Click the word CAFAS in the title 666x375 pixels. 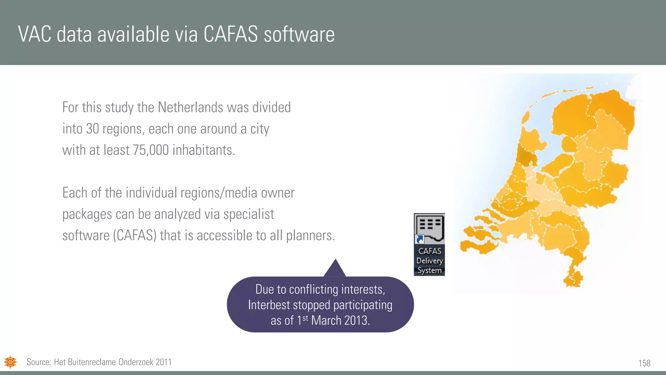tap(231, 34)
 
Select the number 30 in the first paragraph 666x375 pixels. tap(92, 129)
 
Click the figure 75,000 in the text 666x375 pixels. tap(151, 150)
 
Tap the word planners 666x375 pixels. tap(310, 235)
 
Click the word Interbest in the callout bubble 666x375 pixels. tap(269, 305)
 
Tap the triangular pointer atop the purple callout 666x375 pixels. tap(335, 269)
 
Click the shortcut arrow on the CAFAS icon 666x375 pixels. tap(420, 240)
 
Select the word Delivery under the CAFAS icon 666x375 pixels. tap(430, 261)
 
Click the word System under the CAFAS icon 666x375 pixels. tap(430, 271)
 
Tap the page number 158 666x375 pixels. tap(644, 363)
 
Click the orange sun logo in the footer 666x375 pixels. tap(10, 362)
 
